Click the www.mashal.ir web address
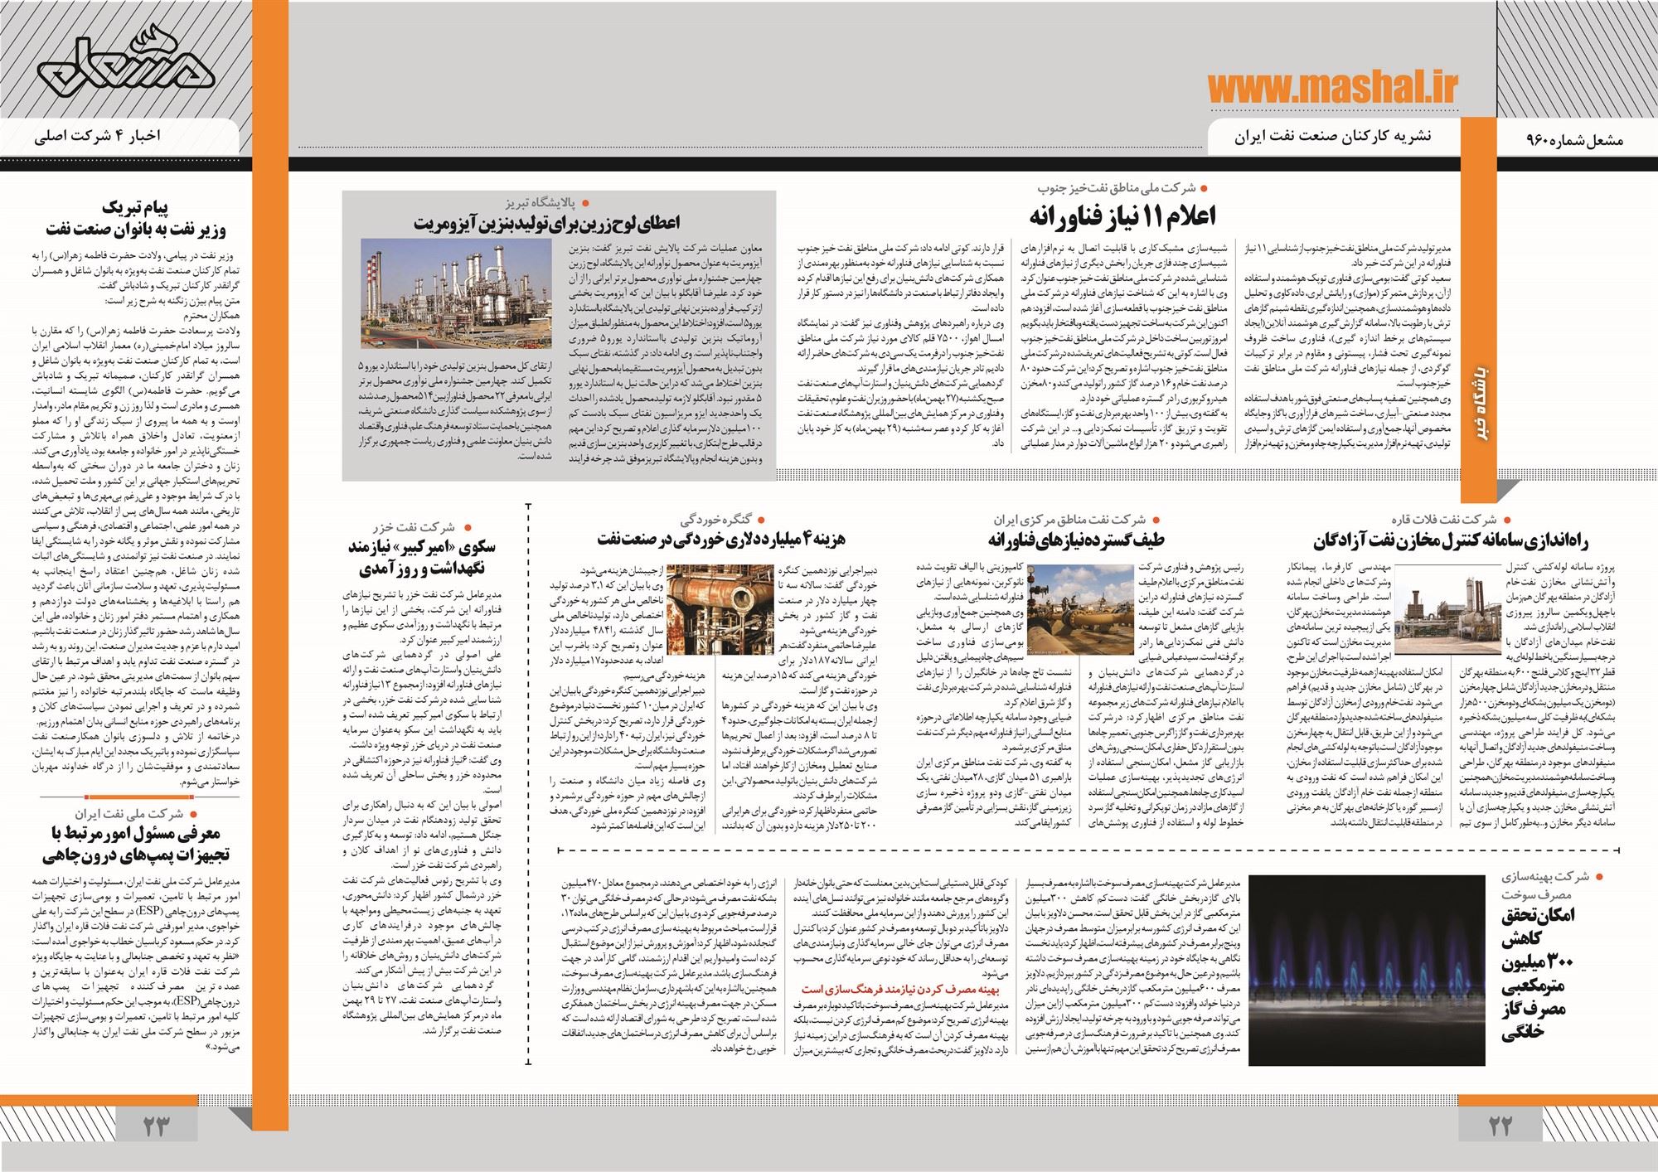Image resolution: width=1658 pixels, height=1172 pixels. pos(1332,89)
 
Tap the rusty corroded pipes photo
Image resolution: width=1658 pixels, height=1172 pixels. pos(718,610)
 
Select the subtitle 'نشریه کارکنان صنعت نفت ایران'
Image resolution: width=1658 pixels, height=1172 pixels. pos(1324,136)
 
